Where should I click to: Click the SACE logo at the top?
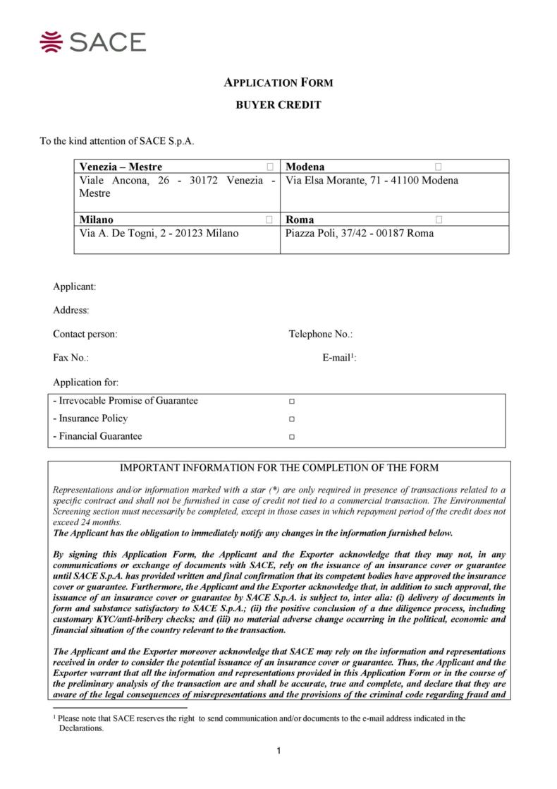[x=93, y=42]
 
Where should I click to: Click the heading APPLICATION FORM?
[x=278, y=83]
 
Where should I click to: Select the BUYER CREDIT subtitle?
[x=278, y=105]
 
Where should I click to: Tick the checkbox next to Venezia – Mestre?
[x=269, y=167]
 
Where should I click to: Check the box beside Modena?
[x=439, y=167]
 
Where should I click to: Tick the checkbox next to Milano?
[x=269, y=219]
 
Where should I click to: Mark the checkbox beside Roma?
[x=439, y=219]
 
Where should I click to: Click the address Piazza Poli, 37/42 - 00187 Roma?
[x=359, y=233]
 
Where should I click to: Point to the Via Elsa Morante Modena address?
[x=371, y=181]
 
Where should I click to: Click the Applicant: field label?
[x=74, y=287]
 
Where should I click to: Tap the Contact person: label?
[x=85, y=334]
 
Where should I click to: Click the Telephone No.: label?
[x=320, y=334]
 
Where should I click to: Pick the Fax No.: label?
[x=71, y=358]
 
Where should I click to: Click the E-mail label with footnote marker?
[x=339, y=358]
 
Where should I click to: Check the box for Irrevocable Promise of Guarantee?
[x=292, y=402]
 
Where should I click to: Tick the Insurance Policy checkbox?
[x=292, y=419]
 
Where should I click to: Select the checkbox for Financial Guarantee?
[x=292, y=437]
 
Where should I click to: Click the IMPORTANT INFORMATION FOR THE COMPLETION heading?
[x=279, y=468]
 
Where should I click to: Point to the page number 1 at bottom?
[x=279, y=750]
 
